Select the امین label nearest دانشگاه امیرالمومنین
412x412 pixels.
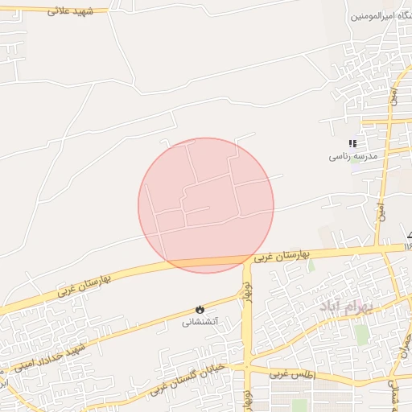pos(393,95)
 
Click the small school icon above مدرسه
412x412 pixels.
pos(352,143)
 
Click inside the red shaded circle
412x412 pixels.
pos(206,205)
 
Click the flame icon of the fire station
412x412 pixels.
pos(199,310)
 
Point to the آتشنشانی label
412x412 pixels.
pos(199,322)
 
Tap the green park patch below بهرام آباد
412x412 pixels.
pos(361,333)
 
